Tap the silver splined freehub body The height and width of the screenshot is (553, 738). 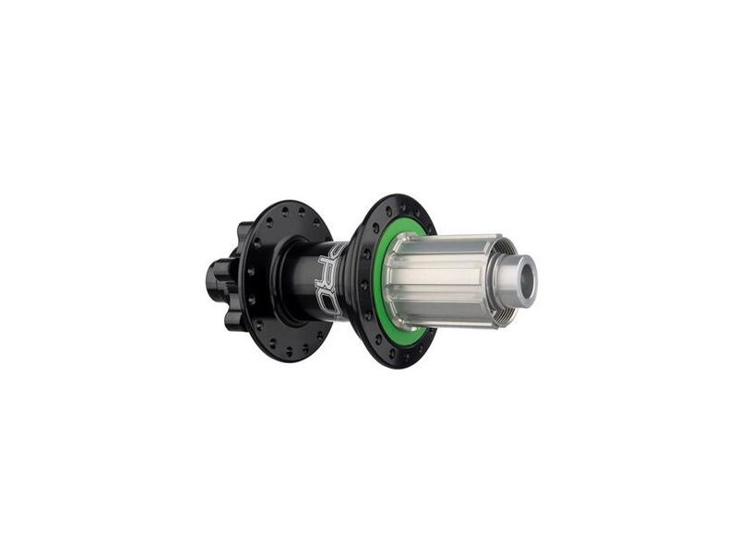pos(443,276)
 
